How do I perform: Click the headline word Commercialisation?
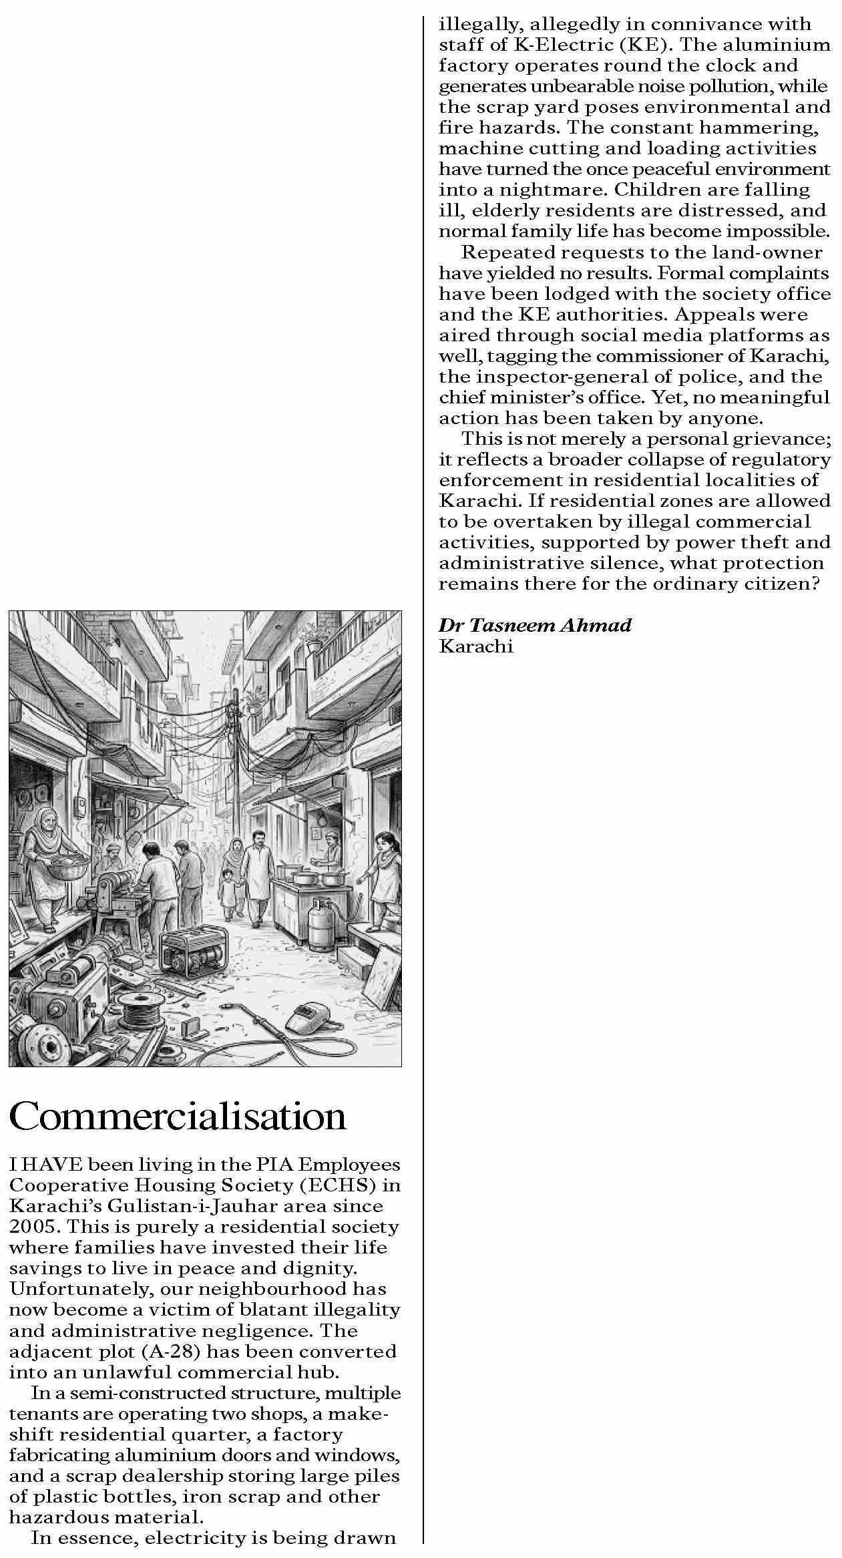pos(178,1116)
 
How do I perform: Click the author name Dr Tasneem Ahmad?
pos(535,625)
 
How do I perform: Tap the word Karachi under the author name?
pos(476,646)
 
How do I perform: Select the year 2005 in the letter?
pos(33,1227)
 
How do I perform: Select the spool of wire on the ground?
pos(140,1009)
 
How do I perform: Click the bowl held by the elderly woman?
pos(66,866)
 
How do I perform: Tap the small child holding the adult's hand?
pos(229,892)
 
